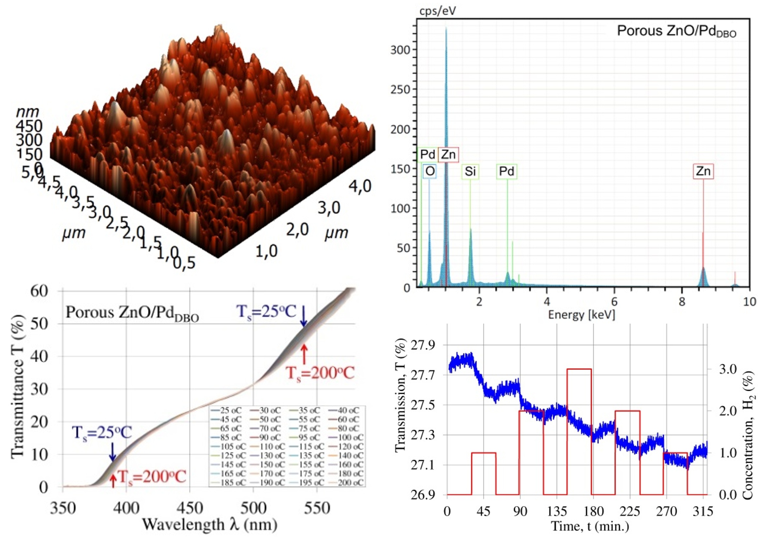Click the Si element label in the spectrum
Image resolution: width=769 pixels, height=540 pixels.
point(470,171)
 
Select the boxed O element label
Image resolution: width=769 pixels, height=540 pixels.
point(430,171)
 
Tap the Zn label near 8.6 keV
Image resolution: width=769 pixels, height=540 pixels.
point(703,171)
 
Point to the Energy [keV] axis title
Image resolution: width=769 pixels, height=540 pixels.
point(581,315)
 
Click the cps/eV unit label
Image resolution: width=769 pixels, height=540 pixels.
point(437,11)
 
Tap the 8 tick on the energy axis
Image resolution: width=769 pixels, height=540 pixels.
point(682,302)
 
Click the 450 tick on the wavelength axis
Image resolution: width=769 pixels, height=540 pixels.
point(190,508)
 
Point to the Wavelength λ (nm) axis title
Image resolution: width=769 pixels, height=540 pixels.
point(210,525)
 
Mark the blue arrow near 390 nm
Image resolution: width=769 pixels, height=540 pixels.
point(113,452)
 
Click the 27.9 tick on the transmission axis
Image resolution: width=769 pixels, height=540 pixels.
point(423,345)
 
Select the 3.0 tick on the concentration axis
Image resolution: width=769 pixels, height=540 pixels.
point(728,369)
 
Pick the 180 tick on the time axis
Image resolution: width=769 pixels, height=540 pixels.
point(593,511)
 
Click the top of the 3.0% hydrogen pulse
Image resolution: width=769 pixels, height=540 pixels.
point(579,369)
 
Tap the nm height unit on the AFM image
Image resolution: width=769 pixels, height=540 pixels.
point(27,112)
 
